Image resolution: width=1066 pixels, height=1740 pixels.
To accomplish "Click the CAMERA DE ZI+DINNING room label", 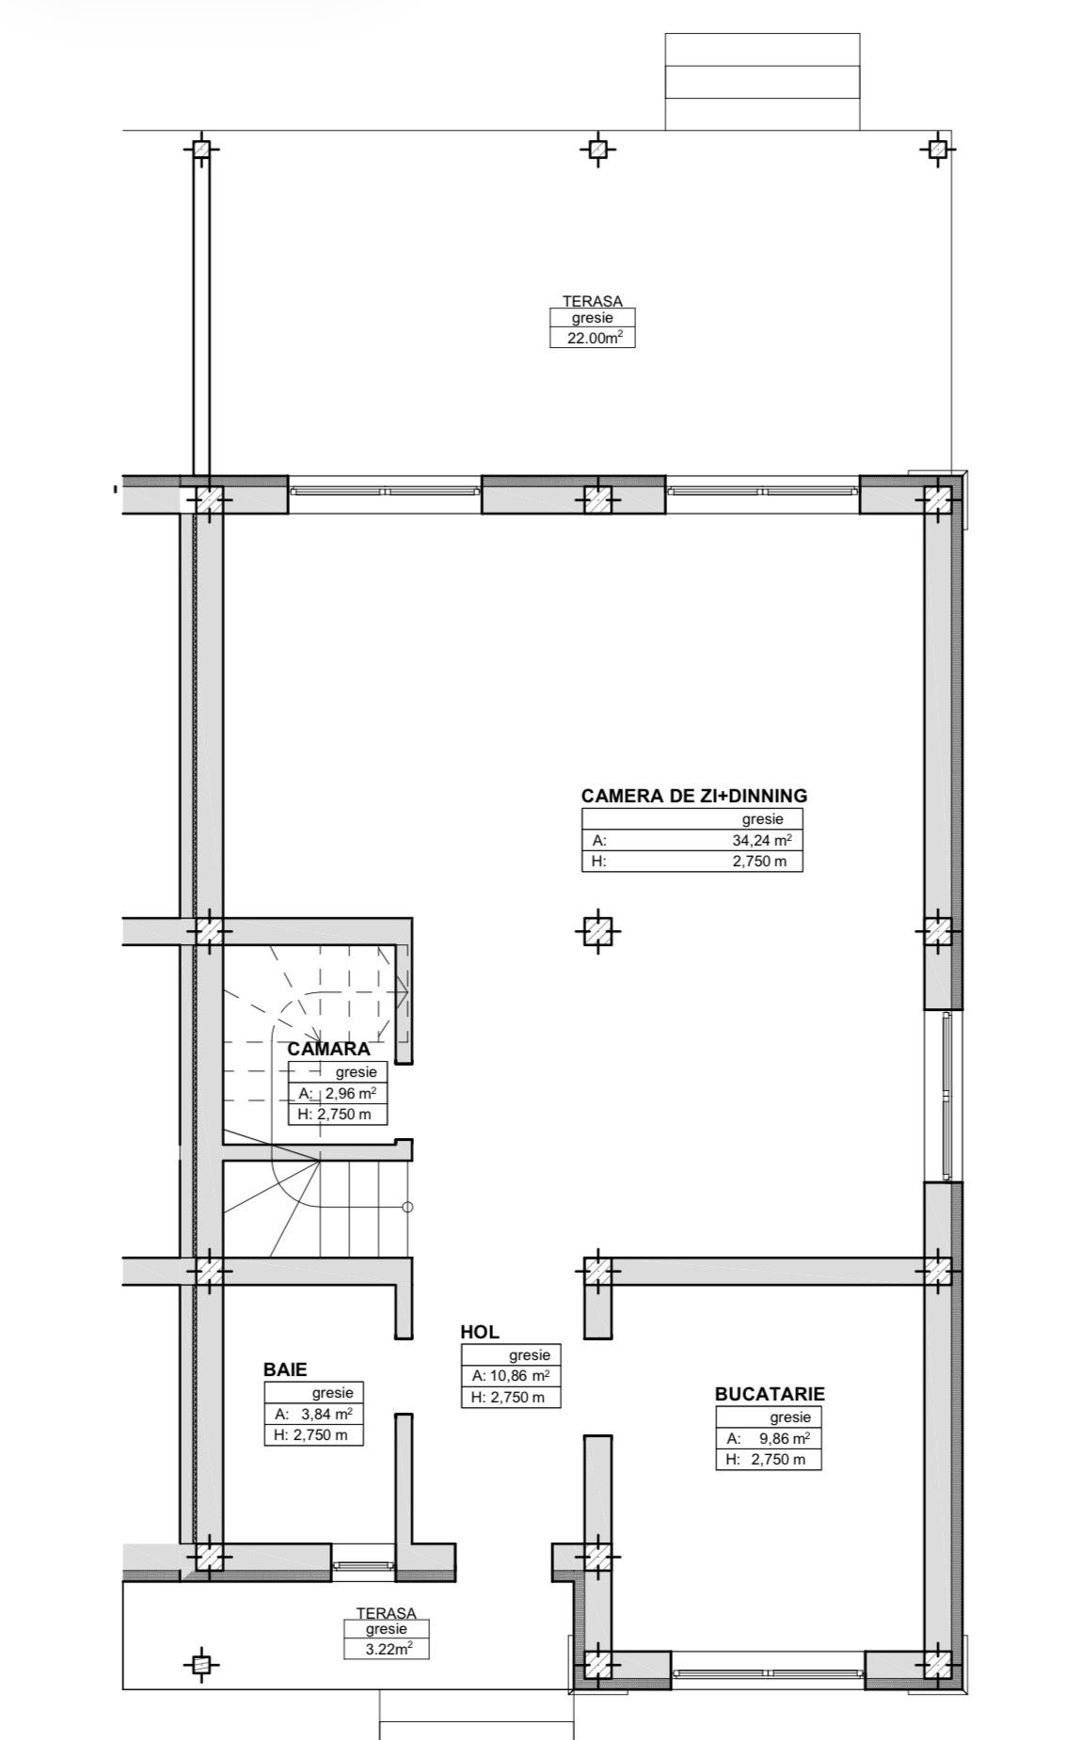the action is [693, 796].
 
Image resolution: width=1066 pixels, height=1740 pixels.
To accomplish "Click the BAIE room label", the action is [285, 1369].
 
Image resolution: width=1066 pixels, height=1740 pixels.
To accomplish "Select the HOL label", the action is [480, 1332].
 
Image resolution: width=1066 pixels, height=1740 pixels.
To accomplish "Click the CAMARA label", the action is [329, 1049].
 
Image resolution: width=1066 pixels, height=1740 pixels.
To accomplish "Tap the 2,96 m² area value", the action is [350, 1093].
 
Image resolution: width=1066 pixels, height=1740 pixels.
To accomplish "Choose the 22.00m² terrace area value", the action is [593, 338].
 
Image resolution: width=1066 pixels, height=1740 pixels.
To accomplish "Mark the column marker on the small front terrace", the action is [199, 1664].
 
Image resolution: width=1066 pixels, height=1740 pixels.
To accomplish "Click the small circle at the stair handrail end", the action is [406, 1207].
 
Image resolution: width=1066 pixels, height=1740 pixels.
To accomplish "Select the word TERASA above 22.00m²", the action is [593, 301].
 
